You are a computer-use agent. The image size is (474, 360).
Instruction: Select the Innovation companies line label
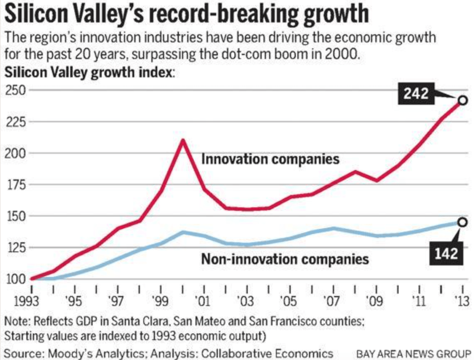tap(270, 158)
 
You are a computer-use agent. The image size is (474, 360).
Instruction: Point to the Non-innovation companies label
tap(285, 258)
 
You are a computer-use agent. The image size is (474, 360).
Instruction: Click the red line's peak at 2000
tap(183, 140)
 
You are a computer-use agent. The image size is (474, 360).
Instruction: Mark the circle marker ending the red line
tap(462, 100)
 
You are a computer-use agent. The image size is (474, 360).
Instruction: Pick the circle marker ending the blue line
tap(462, 222)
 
